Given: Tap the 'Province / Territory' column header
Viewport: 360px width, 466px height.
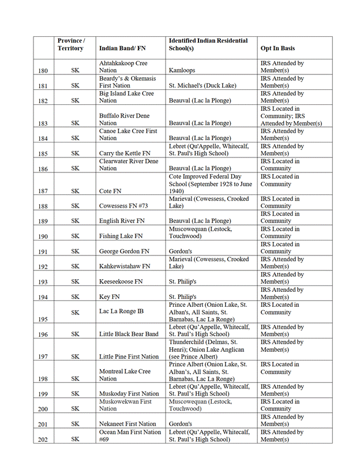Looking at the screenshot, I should point(71,44).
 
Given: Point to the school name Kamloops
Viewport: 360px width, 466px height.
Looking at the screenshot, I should point(182,71).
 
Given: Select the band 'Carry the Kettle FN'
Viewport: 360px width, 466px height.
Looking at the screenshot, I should point(125,153).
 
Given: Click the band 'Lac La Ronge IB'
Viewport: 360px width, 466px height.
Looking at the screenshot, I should point(121,311).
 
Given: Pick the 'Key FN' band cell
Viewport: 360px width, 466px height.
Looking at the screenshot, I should point(109,296).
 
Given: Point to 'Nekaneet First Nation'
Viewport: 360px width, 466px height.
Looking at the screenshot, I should point(127,424).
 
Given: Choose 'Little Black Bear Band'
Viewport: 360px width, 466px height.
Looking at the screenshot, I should point(129,334).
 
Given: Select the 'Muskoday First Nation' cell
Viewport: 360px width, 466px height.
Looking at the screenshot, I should point(129,394).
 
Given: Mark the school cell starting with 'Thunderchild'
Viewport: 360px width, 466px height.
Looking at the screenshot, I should point(207,349).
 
